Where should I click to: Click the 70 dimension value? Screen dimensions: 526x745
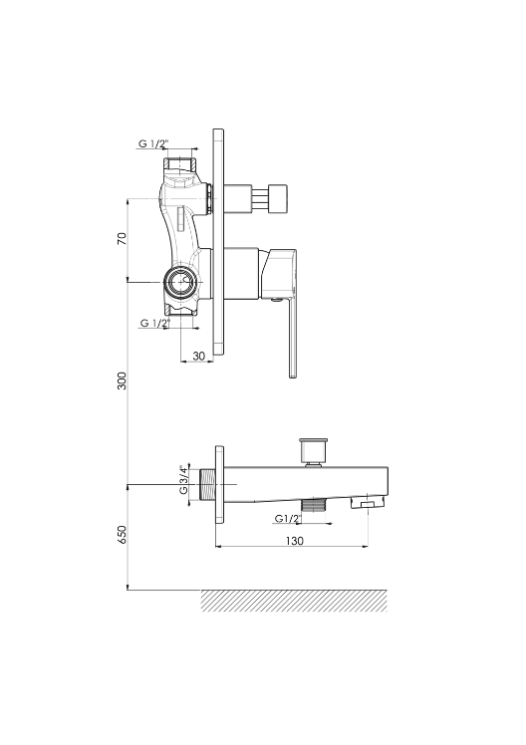click(123, 238)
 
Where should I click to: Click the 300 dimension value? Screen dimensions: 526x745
click(123, 381)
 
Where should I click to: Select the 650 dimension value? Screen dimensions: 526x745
click(123, 535)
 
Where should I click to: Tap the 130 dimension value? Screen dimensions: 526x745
click(295, 541)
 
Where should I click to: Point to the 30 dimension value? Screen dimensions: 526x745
click(199, 356)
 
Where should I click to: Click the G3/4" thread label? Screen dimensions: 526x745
click(184, 480)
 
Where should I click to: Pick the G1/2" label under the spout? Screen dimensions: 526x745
click(288, 519)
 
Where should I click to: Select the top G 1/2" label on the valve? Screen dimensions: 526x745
click(154, 143)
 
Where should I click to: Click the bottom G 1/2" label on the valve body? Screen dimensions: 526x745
click(154, 324)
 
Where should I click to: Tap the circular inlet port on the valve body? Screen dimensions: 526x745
click(180, 282)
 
